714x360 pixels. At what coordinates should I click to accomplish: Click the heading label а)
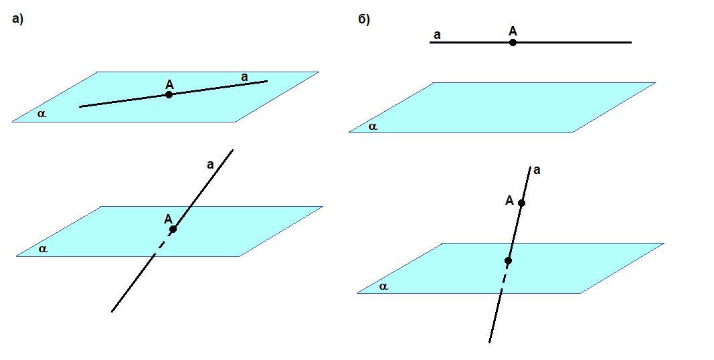tap(17, 20)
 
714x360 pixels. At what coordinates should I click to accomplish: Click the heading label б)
tap(364, 20)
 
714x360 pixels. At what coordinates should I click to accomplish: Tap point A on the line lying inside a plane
tap(169, 95)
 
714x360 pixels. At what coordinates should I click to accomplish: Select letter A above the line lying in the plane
tap(169, 84)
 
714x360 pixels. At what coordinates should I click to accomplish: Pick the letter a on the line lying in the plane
tap(244, 78)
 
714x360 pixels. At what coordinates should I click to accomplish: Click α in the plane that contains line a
tap(42, 114)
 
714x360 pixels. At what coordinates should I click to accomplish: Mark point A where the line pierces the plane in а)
tap(173, 229)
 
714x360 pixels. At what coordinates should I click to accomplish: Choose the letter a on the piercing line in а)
tap(210, 165)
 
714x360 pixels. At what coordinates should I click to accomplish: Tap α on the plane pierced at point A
tap(43, 249)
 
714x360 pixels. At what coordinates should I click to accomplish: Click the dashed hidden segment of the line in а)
tap(158, 248)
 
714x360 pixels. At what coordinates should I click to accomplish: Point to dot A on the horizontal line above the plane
tap(513, 42)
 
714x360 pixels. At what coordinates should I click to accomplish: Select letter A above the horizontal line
tap(513, 31)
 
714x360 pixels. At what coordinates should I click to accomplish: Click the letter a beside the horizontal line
tap(437, 35)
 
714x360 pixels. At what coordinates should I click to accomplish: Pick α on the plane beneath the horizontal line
tap(373, 126)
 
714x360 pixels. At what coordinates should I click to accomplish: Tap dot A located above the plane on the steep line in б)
tap(521, 203)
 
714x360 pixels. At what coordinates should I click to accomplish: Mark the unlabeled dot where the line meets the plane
tap(508, 260)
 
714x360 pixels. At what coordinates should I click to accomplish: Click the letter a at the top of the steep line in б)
tap(537, 171)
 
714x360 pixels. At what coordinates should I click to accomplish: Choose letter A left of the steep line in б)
tap(509, 200)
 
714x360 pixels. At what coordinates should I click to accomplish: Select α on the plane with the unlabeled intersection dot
tap(383, 286)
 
